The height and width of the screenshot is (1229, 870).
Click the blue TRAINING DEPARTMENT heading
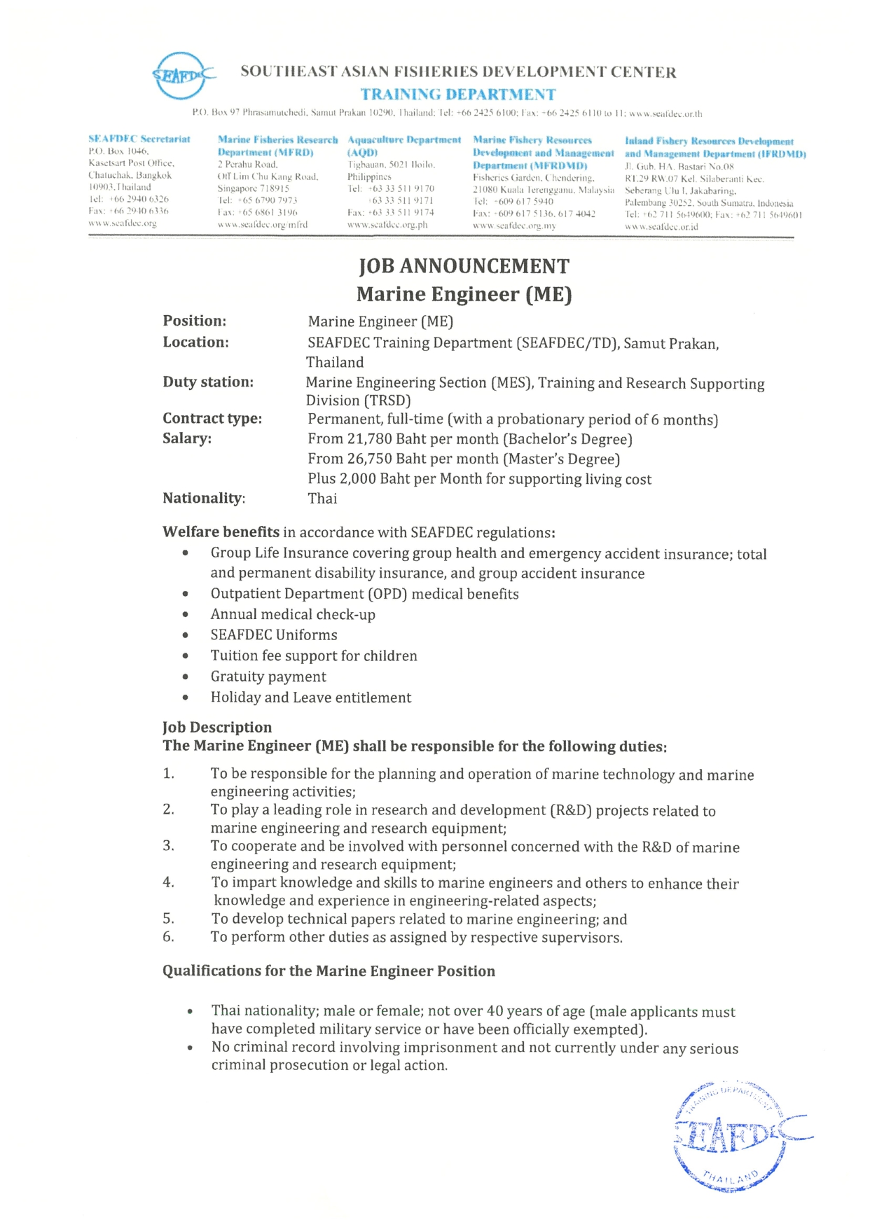point(458,95)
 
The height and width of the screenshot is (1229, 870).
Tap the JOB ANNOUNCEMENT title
point(464,266)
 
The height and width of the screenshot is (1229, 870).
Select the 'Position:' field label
point(195,321)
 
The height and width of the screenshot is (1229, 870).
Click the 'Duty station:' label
point(208,382)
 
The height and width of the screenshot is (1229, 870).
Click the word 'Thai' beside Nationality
point(322,499)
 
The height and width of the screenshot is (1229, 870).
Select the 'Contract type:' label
point(212,419)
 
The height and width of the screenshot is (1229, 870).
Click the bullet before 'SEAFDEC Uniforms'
point(186,635)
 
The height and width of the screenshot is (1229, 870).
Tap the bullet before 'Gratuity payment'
point(186,677)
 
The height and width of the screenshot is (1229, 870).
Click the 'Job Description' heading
point(217,727)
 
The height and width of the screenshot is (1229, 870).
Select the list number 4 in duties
point(168,882)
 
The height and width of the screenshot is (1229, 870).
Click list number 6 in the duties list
point(168,937)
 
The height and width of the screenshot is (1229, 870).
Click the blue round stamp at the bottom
point(732,1136)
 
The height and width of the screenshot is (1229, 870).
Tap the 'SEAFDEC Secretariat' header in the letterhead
point(139,139)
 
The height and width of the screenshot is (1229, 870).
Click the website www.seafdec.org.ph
point(387,225)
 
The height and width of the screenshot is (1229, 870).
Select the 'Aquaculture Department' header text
point(404,140)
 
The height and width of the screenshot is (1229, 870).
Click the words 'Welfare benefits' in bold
point(221,532)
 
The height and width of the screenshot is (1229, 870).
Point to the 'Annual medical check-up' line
point(293,615)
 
